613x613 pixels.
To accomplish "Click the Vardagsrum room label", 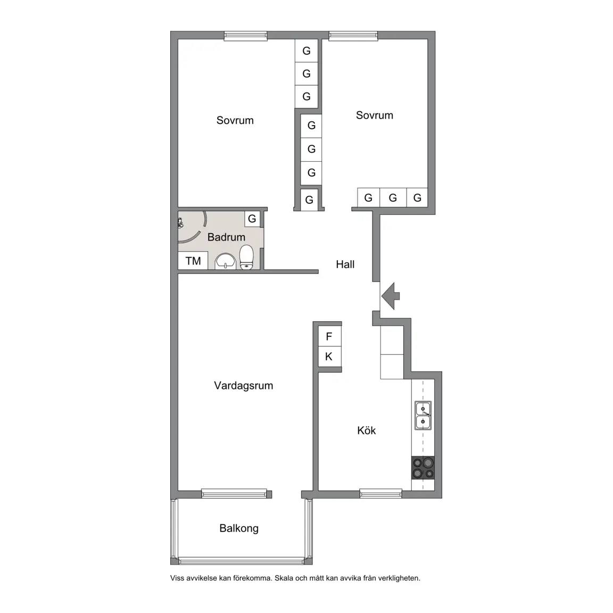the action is (x=243, y=386).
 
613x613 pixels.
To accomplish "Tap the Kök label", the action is (x=366, y=430).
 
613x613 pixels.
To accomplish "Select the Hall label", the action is (x=345, y=264).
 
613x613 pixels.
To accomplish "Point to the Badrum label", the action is (x=226, y=237).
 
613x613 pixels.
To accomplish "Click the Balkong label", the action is (x=239, y=528).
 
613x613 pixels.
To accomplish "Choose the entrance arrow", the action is (x=391, y=296).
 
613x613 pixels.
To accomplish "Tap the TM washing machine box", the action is (x=193, y=261).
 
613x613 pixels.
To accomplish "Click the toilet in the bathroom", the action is (x=246, y=257).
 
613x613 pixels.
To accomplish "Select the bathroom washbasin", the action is (x=226, y=261).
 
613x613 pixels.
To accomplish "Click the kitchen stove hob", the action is (x=423, y=468).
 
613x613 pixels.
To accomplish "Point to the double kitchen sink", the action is (x=423, y=415).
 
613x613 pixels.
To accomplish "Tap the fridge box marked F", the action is (x=329, y=336).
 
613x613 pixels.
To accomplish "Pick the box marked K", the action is (x=329, y=357).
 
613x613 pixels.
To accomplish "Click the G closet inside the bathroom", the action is (x=252, y=219).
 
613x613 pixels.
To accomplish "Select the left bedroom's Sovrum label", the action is (x=235, y=120).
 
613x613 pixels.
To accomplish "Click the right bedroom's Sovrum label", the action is (x=375, y=115).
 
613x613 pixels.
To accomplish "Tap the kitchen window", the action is (x=381, y=493).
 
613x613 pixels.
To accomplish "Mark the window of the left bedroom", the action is (x=245, y=36).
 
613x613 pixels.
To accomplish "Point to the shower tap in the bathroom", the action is (x=180, y=223).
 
